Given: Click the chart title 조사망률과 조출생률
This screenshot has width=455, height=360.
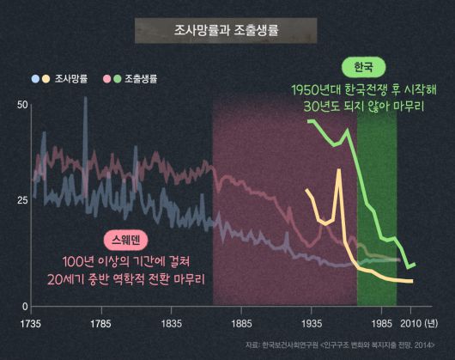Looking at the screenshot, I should (x=227, y=31).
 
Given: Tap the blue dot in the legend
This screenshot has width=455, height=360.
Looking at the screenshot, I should (x=35, y=79).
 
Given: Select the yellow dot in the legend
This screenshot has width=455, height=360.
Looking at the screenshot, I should (x=46, y=79).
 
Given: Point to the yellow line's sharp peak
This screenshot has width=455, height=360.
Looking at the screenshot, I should (x=339, y=171).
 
